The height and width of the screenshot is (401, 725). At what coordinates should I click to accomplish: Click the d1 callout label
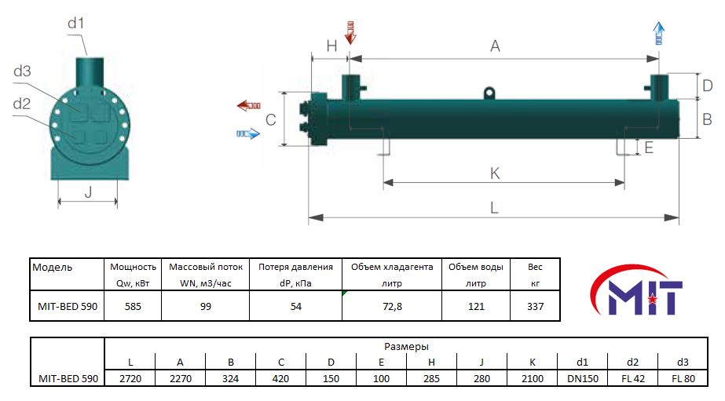(x=76, y=23)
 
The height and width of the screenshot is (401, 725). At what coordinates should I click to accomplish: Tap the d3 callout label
(x=22, y=71)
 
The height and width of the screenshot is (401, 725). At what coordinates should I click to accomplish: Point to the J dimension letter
(x=88, y=191)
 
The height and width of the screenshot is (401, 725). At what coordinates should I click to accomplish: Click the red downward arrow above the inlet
(x=350, y=32)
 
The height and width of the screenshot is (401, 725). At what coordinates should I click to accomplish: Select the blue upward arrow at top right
(x=659, y=33)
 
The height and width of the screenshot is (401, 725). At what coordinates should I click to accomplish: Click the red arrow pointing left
(x=249, y=106)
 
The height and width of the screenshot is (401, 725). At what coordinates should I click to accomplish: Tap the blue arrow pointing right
(x=248, y=134)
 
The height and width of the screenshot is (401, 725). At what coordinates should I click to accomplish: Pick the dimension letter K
(x=495, y=173)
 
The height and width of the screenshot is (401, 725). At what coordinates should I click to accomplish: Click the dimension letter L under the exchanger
(x=494, y=208)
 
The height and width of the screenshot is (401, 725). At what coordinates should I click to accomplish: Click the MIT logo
(x=636, y=290)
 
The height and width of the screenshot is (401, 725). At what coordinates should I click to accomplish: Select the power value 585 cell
(x=133, y=306)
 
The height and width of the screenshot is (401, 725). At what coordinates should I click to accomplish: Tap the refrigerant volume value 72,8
(x=392, y=306)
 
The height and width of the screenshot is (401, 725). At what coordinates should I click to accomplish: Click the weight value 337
(x=536, y=306)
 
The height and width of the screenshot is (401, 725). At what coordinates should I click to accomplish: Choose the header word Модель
(x=53, y=268)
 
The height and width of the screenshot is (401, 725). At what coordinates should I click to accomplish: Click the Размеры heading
(x=406, y=347)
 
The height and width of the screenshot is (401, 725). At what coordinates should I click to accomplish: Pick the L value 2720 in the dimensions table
(x=130, y=379)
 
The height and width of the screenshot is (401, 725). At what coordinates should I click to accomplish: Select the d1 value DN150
(x=583, y=379)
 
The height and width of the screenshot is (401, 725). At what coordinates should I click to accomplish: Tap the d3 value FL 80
(x=683, y=379)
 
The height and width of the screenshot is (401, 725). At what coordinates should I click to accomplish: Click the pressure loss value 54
(x=296, y=306)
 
